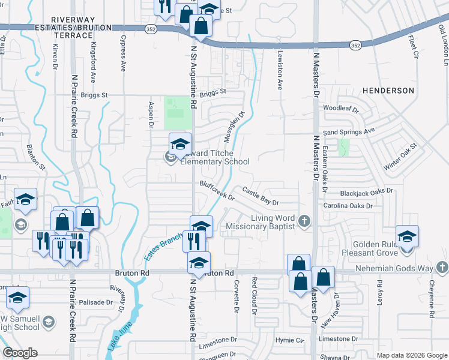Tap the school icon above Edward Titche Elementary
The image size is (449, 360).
179,144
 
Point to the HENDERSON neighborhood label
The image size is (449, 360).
388,91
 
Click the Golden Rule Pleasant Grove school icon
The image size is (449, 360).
407,236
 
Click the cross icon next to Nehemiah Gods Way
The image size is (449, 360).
441,267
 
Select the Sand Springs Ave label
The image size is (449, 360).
348,131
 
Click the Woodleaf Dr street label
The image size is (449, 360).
341,110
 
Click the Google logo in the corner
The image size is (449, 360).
20,353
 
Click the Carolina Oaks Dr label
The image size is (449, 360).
348,206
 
